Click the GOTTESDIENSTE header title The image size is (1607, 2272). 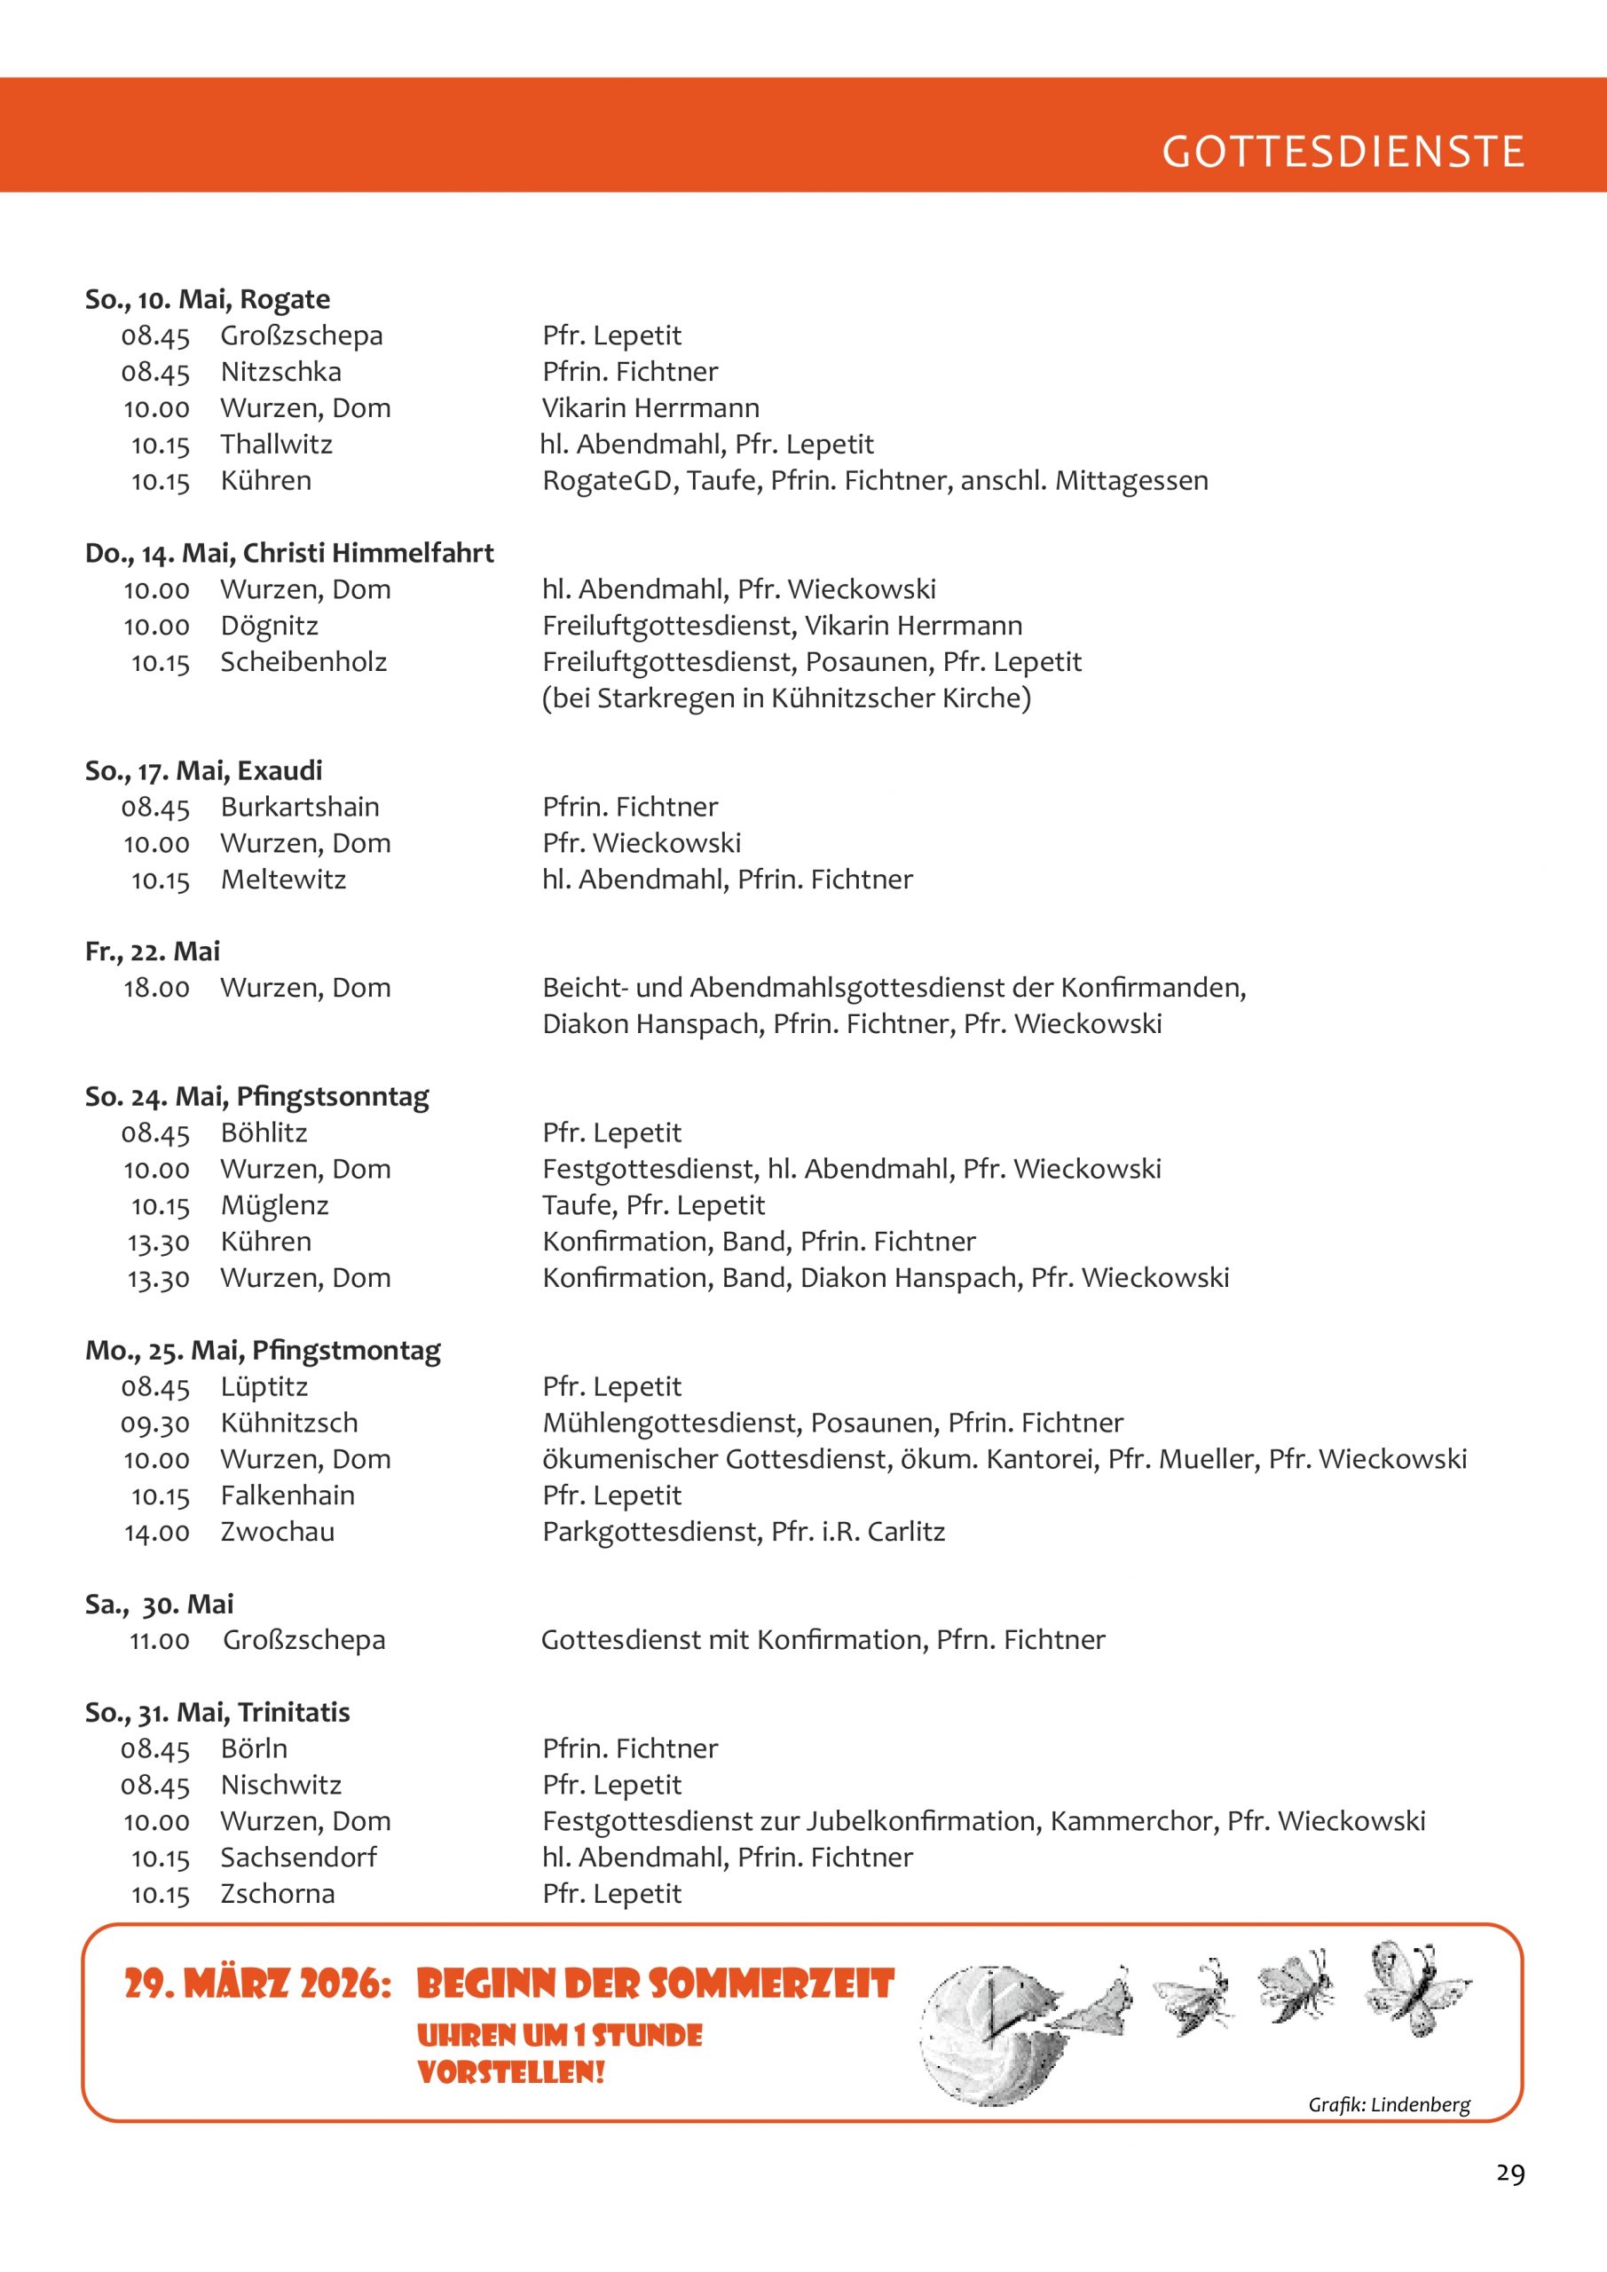point(1342,152)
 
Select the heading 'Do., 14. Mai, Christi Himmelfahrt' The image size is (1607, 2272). point(289,553)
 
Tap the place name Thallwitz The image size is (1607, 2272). point(276,445)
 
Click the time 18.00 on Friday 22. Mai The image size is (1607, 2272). point(156,988)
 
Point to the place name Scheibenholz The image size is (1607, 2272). point(303,662)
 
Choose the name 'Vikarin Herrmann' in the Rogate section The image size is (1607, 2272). point(650,407)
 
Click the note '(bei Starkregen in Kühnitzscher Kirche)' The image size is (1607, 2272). point(785,698)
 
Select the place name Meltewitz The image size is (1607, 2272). point(283,880)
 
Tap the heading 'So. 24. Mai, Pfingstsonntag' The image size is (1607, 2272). point(257,1096)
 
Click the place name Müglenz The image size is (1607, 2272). point(274,1205)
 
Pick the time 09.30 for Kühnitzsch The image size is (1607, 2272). point(155,1424)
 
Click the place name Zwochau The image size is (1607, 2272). point(277,1532)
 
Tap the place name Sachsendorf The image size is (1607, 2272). point(298,1858)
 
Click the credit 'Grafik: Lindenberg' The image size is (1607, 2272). point(1389,2105)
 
